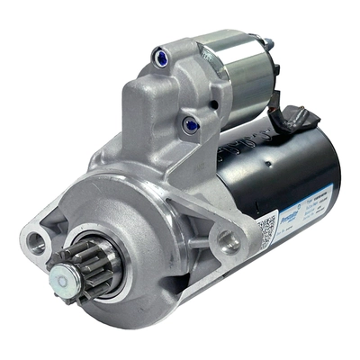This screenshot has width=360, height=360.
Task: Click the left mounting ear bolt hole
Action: pos(38,240)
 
